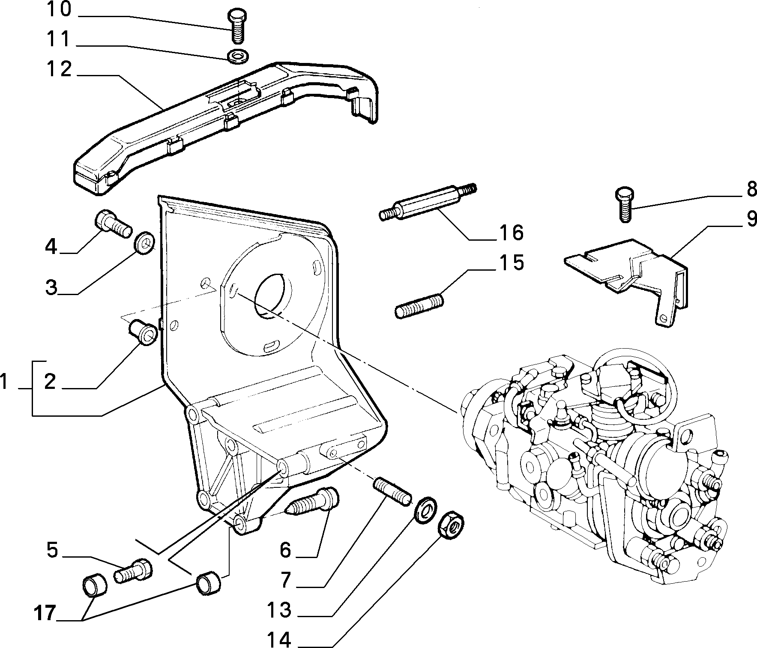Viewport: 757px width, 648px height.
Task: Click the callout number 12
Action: click(59, 69)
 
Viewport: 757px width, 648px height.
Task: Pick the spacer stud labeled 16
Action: click(428, 201)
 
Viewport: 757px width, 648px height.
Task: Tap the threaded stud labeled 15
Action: click(419, 304)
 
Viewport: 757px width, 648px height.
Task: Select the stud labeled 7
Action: click(393, 492)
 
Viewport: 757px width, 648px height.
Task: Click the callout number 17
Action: click(45, 614)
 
